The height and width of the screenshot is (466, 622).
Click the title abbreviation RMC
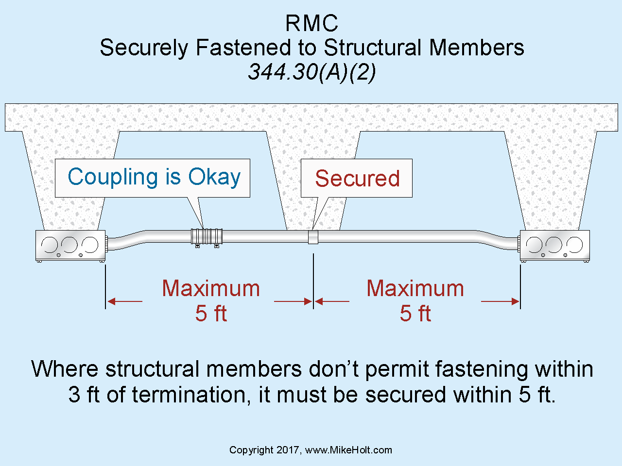[311, 23]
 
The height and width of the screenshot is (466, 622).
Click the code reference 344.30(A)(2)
[312, 72]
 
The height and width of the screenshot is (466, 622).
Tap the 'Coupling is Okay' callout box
[153, 178]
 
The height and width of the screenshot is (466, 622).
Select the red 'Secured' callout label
[357, 178]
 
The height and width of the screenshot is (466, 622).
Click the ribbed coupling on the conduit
[207, 236]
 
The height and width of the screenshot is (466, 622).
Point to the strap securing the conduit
[313, 237]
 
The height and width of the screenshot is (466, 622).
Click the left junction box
[70, 246]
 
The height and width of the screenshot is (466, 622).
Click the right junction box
[554, 246]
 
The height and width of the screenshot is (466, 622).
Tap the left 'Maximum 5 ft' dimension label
[211, 300]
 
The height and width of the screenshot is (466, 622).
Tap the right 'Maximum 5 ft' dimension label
[415, 300]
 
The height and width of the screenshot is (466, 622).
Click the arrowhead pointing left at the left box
[111, 301]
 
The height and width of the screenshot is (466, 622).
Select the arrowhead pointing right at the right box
[515, 301]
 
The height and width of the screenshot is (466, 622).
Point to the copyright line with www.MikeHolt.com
[311, 450]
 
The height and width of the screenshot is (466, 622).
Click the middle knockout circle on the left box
[69, 244]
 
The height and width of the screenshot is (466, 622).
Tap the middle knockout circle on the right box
[554, 244]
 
